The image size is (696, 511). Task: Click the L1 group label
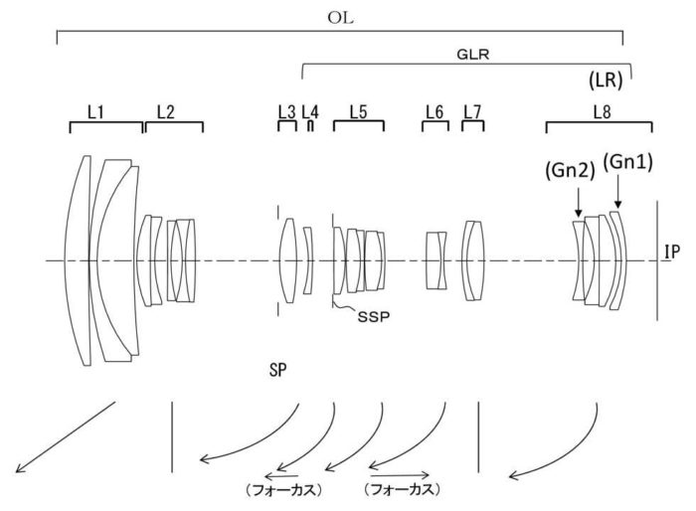96,111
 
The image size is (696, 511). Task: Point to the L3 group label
286,111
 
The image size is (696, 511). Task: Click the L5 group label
358,111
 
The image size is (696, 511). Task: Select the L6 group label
434,111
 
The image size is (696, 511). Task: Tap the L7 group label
472,111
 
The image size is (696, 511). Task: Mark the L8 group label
601,111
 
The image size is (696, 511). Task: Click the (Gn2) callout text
571,170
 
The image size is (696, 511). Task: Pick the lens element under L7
472,260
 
